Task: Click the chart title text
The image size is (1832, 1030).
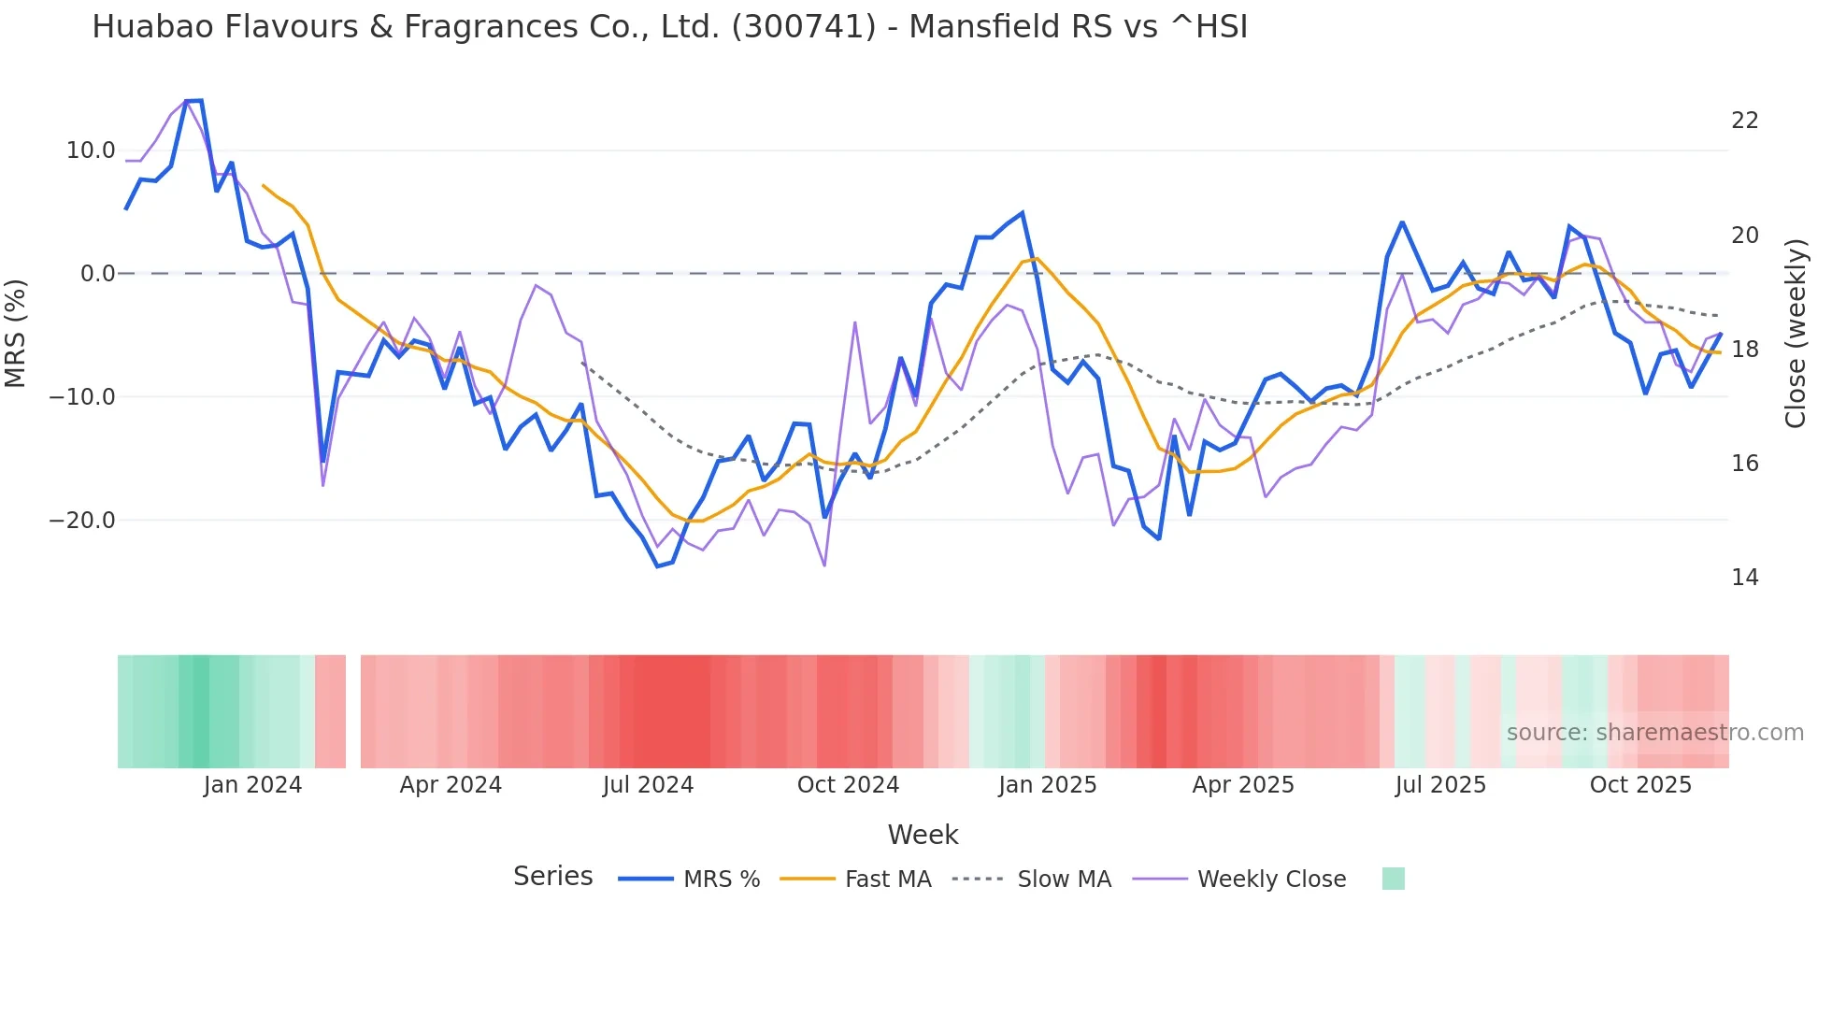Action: click(669, 27)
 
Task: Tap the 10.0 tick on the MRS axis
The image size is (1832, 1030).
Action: click(91, 150)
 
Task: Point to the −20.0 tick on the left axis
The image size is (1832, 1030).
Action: click(82, 521)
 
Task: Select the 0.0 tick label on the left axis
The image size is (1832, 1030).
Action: click(98, 274)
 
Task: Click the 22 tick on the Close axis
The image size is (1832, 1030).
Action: click(1744, 121)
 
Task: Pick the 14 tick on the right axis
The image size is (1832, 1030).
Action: click(1744, 578)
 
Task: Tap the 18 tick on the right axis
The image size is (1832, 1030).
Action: click(1744, 350)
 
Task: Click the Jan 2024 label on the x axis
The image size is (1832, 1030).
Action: click(252, 785)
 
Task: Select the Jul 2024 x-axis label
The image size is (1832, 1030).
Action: click(648, 785)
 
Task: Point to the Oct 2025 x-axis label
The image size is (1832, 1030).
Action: click(1640, 785)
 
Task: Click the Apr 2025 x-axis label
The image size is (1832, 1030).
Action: click(1243, 785)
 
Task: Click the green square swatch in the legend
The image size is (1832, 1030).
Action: click(1393, 879)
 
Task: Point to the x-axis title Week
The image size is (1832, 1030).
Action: click(923, 835)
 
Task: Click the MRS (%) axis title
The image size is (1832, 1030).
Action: click(16, 334)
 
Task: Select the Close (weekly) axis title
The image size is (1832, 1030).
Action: click(1796, 334)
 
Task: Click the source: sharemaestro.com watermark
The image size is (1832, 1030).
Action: click(1654, 733)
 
